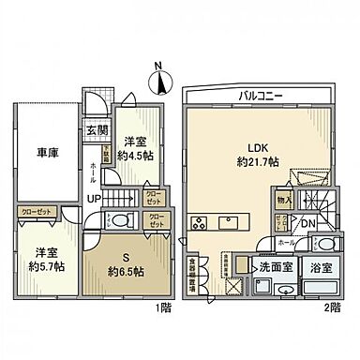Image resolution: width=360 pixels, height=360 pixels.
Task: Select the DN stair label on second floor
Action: click(x=307, y=222)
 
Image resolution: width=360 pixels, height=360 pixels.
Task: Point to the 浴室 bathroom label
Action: click(x=321, y=265)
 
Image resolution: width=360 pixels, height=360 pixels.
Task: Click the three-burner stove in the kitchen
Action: click(x=199, y=223)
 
